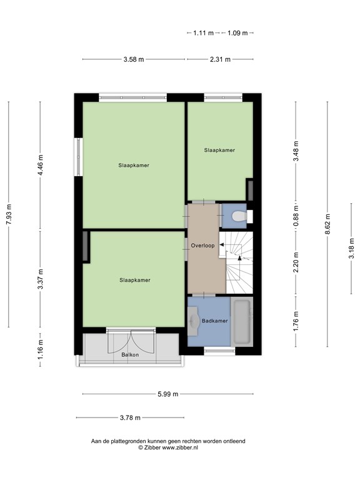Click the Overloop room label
pyautogui.click(x=203, y=246)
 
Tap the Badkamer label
pyautogui.click(x=214, y=321)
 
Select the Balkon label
pyautogui.click(x=131, y=355)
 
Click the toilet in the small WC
pyautogui.click(x=238, y=216)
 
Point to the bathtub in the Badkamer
pyautogui.click(x=242, y=321)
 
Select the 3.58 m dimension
pyautogui.click(x=133, y=59)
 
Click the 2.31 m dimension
pyautogui.click(x=219, y=59)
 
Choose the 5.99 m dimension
pyautogui.click(x=167, y=394)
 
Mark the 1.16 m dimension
pyautogui.click(x=41, y=345)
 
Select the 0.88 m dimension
pyautogui.click(x=296, y=216)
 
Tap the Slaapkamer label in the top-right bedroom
pyautogui.click(x=219, y=150)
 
